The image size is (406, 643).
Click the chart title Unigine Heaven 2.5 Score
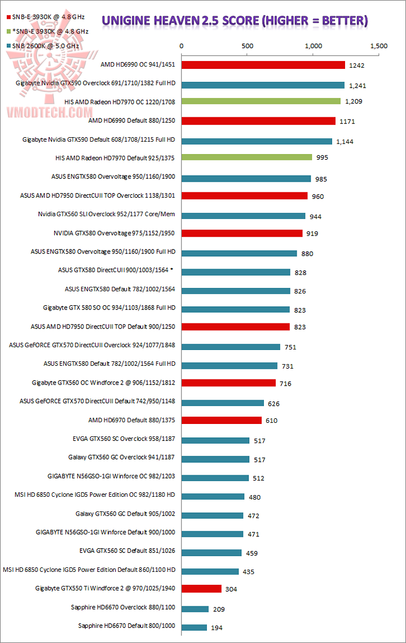point(235,21)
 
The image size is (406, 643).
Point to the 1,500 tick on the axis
point(379,46)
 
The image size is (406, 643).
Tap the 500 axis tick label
point(247,46)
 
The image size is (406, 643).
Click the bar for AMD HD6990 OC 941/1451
point(263,65)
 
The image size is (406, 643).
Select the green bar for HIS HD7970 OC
point(261,102)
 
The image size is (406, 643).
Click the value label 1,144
point(344,141)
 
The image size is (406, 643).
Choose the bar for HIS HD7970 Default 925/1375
point(246,158)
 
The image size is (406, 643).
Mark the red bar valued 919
point(241,233)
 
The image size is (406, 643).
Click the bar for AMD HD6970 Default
point(221,420)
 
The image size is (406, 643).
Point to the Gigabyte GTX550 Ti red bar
point(201,589)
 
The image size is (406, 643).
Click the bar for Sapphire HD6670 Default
point(193,627)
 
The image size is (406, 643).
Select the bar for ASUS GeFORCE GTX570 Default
point(222,403)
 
